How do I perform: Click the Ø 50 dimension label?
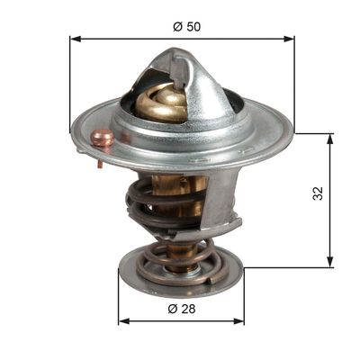(186, 27)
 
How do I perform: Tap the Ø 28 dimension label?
(182, 309)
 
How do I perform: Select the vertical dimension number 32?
(318, 193)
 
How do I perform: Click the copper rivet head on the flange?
(103, 138)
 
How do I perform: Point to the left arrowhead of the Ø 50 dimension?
(76, 39)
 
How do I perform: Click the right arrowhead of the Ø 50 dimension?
(289, 39)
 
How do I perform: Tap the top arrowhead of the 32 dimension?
(330, 139)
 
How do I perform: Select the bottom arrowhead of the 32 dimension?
(330, 261)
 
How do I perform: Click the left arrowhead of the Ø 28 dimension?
(124, 321)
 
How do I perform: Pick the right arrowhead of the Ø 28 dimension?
(238, 321)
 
